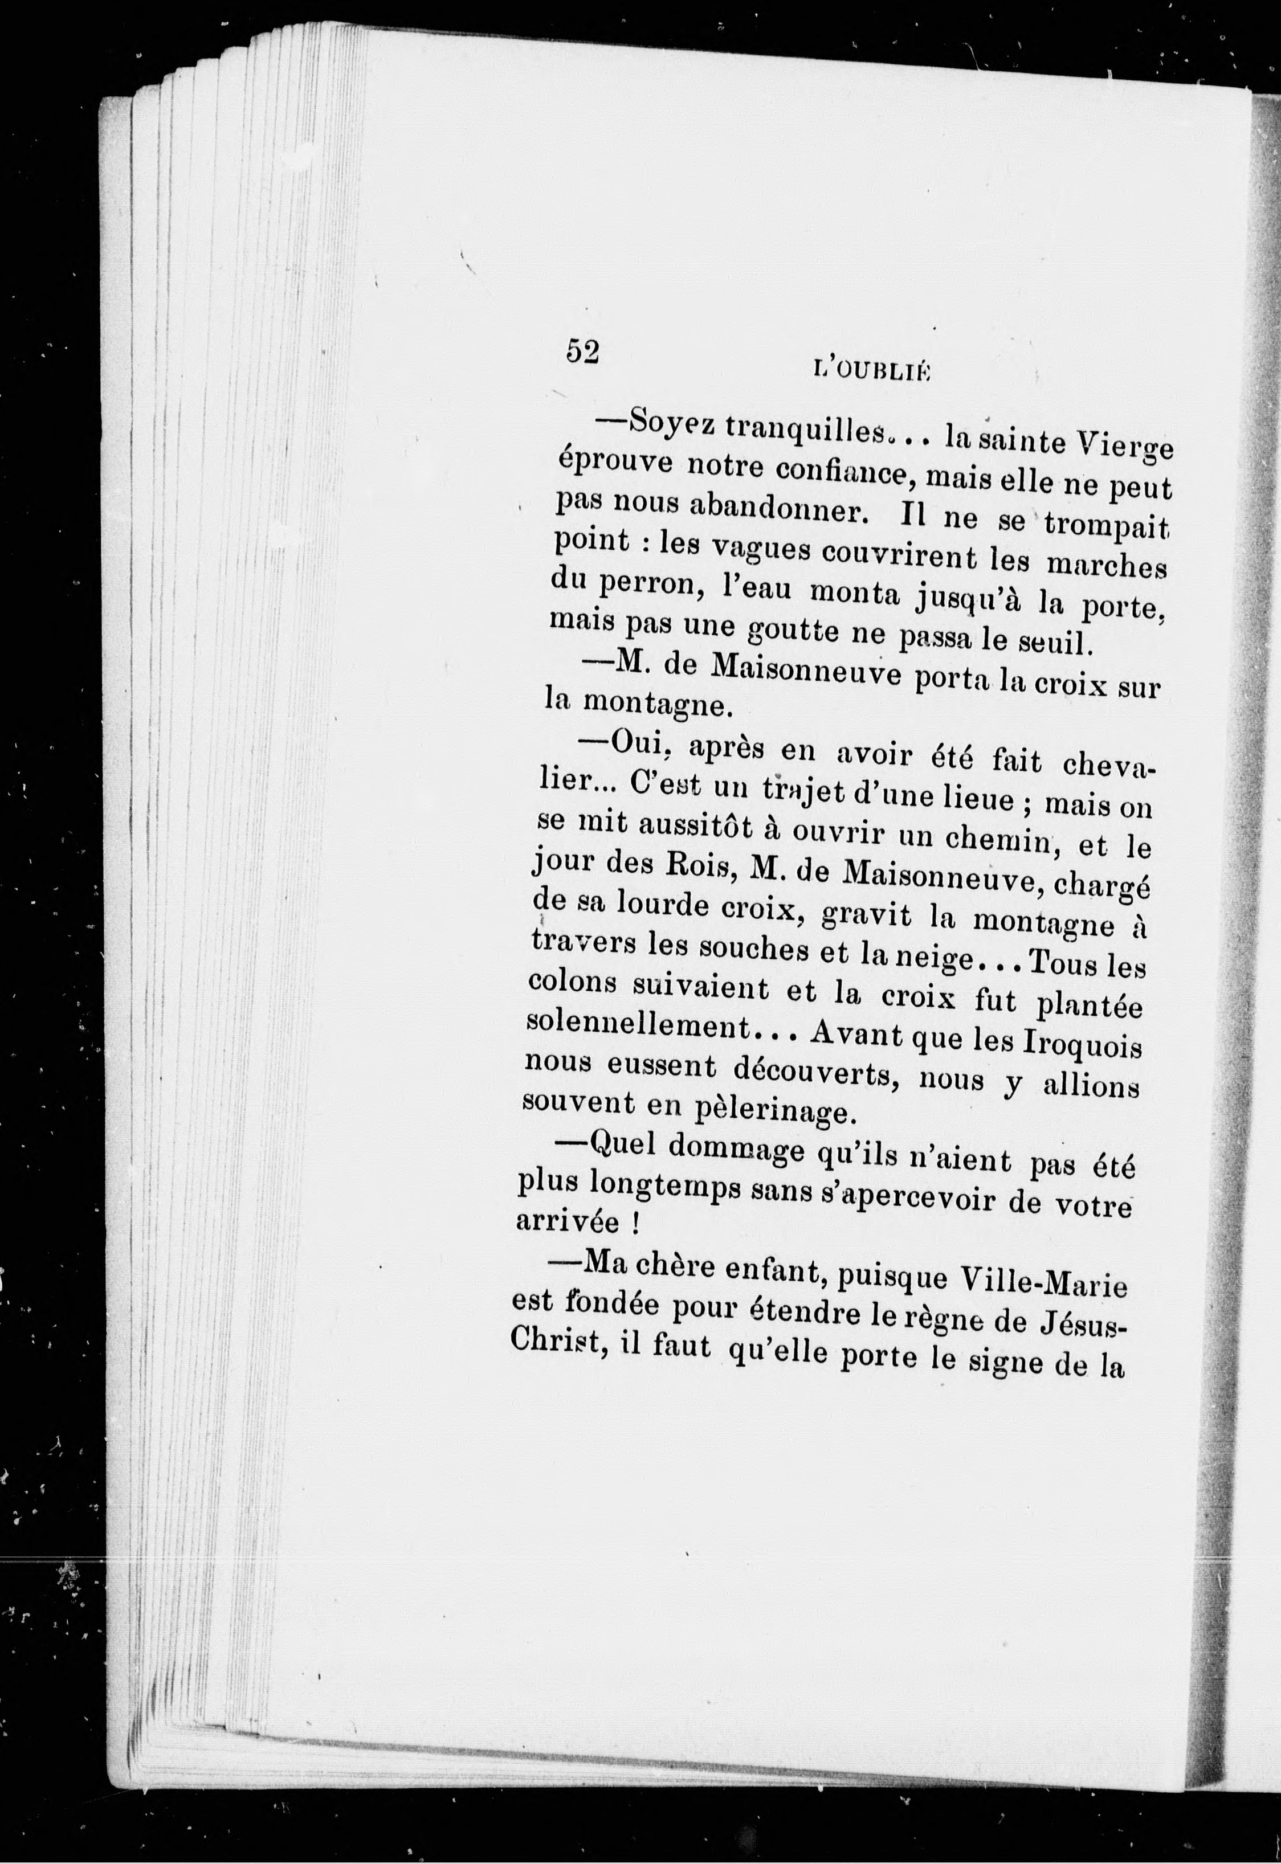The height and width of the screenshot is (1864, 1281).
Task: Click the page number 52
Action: point(584,351)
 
